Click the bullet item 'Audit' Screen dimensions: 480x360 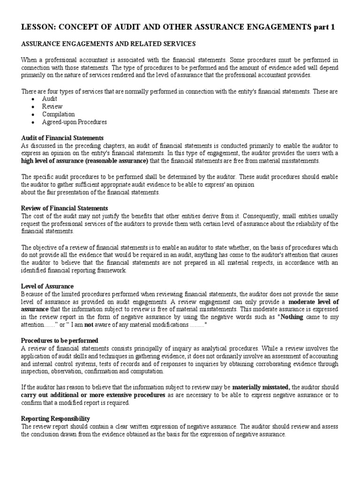[49, 99]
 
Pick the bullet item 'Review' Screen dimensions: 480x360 [52, 106]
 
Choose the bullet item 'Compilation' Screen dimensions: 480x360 [58, 114]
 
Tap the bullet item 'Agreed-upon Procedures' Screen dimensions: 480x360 [75, 122]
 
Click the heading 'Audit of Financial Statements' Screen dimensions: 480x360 [62, 138]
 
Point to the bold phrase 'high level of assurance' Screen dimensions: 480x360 [52, 161]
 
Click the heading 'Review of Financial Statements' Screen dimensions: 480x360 [65, 208]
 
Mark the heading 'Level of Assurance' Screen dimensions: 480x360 [47, 286]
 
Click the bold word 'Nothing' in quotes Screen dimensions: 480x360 [292, 317]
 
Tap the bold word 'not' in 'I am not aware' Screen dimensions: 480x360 [102, 325]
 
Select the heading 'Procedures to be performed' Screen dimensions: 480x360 [60, 340]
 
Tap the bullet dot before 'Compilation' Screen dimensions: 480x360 [32, 114]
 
